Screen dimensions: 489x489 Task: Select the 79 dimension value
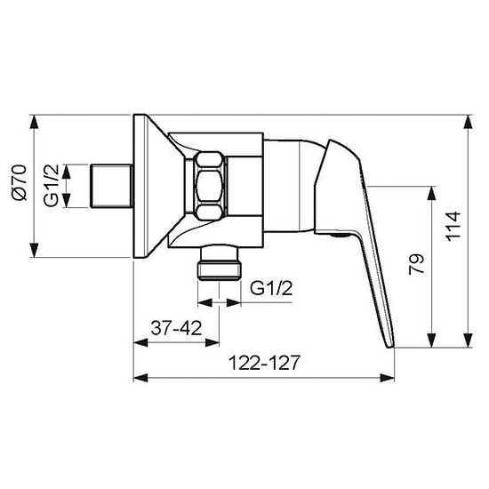coord(419,265)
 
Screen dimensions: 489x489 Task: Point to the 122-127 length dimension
coord(263,363)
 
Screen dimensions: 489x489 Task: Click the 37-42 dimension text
coord(174,326)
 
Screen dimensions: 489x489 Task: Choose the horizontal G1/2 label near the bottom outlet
coord(269,287)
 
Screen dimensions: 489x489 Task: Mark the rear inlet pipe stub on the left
coord(111,186)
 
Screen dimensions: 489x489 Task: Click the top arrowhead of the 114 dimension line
coord(467,118)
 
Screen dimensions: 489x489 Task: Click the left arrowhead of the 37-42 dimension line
coord(137,342)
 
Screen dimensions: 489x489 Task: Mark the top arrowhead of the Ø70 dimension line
coord(33,118)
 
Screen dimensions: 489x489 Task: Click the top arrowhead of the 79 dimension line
coord(433,189)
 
